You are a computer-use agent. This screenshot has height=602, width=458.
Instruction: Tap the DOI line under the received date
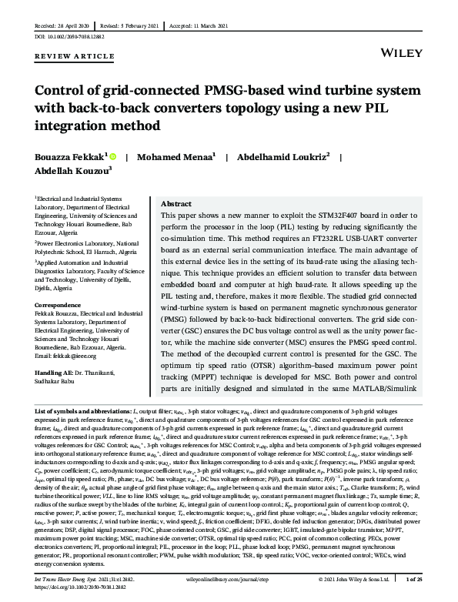pyautogui.click(x=71, y=35)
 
